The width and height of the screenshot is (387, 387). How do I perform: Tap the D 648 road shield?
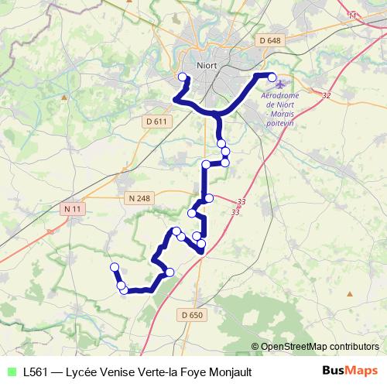(x=270, y=40)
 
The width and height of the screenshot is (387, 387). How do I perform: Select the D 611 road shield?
(x=156, y=122)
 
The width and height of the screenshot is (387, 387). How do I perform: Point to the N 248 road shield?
(x=139, y=198)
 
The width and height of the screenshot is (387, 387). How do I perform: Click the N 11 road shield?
(x=73, y=209)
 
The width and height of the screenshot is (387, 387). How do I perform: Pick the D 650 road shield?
(x=191, y=315)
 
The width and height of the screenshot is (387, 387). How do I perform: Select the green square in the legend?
(x=10, y=372)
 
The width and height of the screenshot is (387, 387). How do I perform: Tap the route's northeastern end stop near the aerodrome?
(x=272, y=76)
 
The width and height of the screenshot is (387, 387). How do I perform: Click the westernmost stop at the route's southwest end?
(x=115, y=267)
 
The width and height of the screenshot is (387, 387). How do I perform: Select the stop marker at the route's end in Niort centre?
(x=183, y=77)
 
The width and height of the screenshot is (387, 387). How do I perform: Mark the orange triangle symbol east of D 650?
(x=350, y=294)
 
